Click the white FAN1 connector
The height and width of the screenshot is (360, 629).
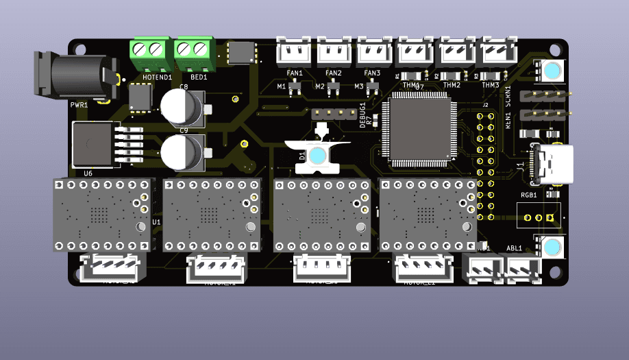point(295,51)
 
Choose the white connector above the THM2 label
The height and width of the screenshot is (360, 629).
point(454,51)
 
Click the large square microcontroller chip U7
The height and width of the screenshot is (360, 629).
point(420,132)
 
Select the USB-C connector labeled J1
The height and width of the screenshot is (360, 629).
point(551,165)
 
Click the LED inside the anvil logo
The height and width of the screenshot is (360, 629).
point(317,156)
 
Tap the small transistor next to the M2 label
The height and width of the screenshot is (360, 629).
point(334,87)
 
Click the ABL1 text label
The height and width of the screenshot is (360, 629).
point(514,248)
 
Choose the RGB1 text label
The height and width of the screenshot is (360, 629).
point(528,195)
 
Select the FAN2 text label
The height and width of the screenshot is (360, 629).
point(334,73)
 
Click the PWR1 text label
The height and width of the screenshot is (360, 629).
point(78,105)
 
